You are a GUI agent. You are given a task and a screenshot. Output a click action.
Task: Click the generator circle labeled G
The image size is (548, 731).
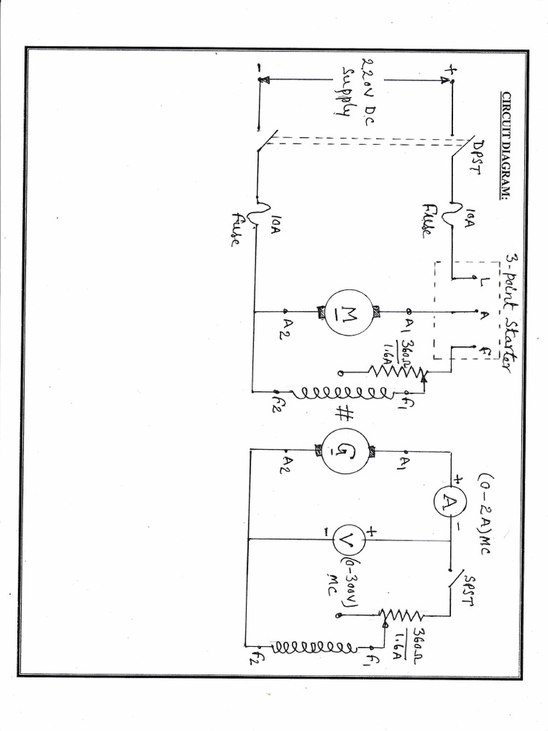click(x=345, y=450)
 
